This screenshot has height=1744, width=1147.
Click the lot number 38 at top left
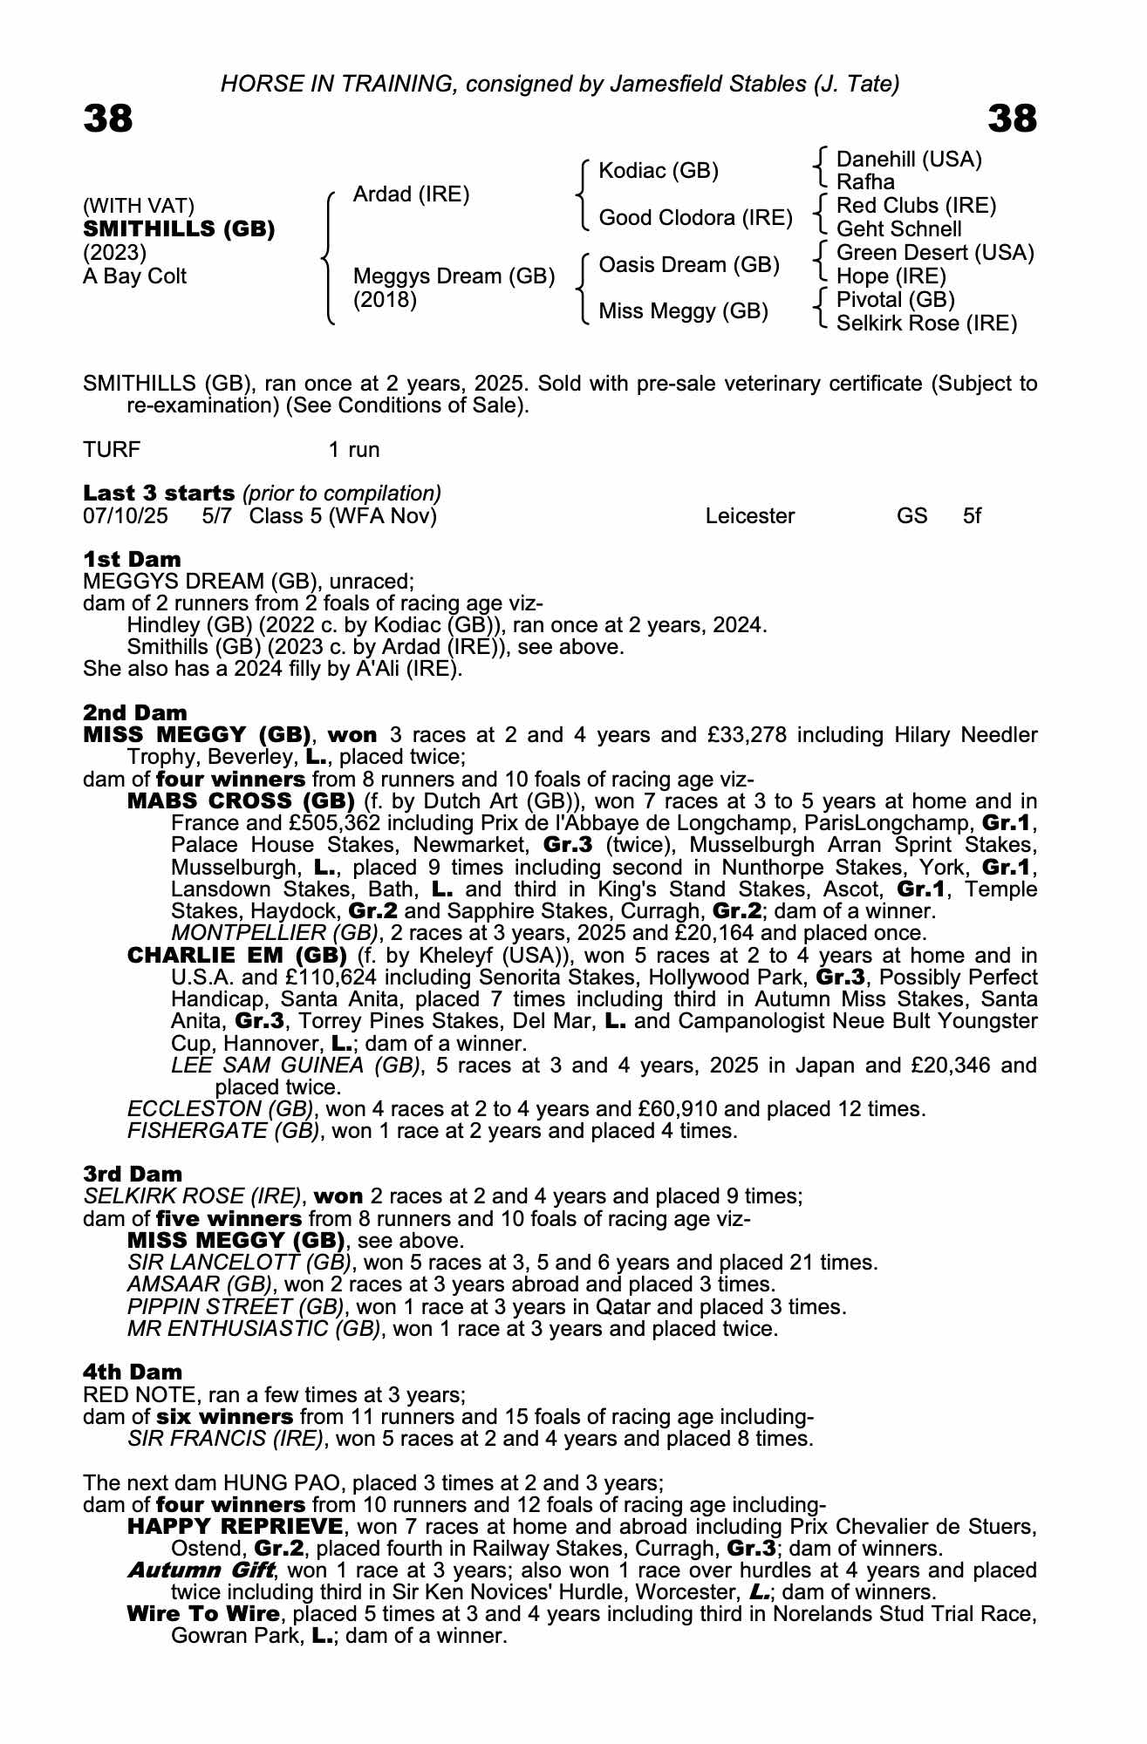[108, 119]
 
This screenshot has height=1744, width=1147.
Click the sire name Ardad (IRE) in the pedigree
[411, 194]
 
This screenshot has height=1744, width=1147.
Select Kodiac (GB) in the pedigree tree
[659, 171]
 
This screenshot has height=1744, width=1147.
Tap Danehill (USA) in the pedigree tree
[909, 160]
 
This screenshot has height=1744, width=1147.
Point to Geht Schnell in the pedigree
[898, 229]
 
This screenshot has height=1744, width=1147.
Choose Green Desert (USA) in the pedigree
[935, 253]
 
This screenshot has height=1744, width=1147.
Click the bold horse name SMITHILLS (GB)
[179, 229]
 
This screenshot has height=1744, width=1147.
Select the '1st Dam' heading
[132, 559]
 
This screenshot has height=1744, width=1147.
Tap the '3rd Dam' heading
[133, 1174]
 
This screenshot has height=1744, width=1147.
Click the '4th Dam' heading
[133, 1372]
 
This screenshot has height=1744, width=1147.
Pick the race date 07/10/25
[126, 516]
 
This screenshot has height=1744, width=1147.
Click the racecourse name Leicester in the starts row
[750, 516]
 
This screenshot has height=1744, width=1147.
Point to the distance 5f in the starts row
[972, 516]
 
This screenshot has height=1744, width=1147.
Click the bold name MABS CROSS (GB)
[241, 801]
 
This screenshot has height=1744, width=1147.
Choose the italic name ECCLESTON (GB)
[220, 1109]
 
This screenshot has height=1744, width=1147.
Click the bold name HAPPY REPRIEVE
[235, 1527]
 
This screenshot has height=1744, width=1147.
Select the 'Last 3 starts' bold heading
[159, 494]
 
